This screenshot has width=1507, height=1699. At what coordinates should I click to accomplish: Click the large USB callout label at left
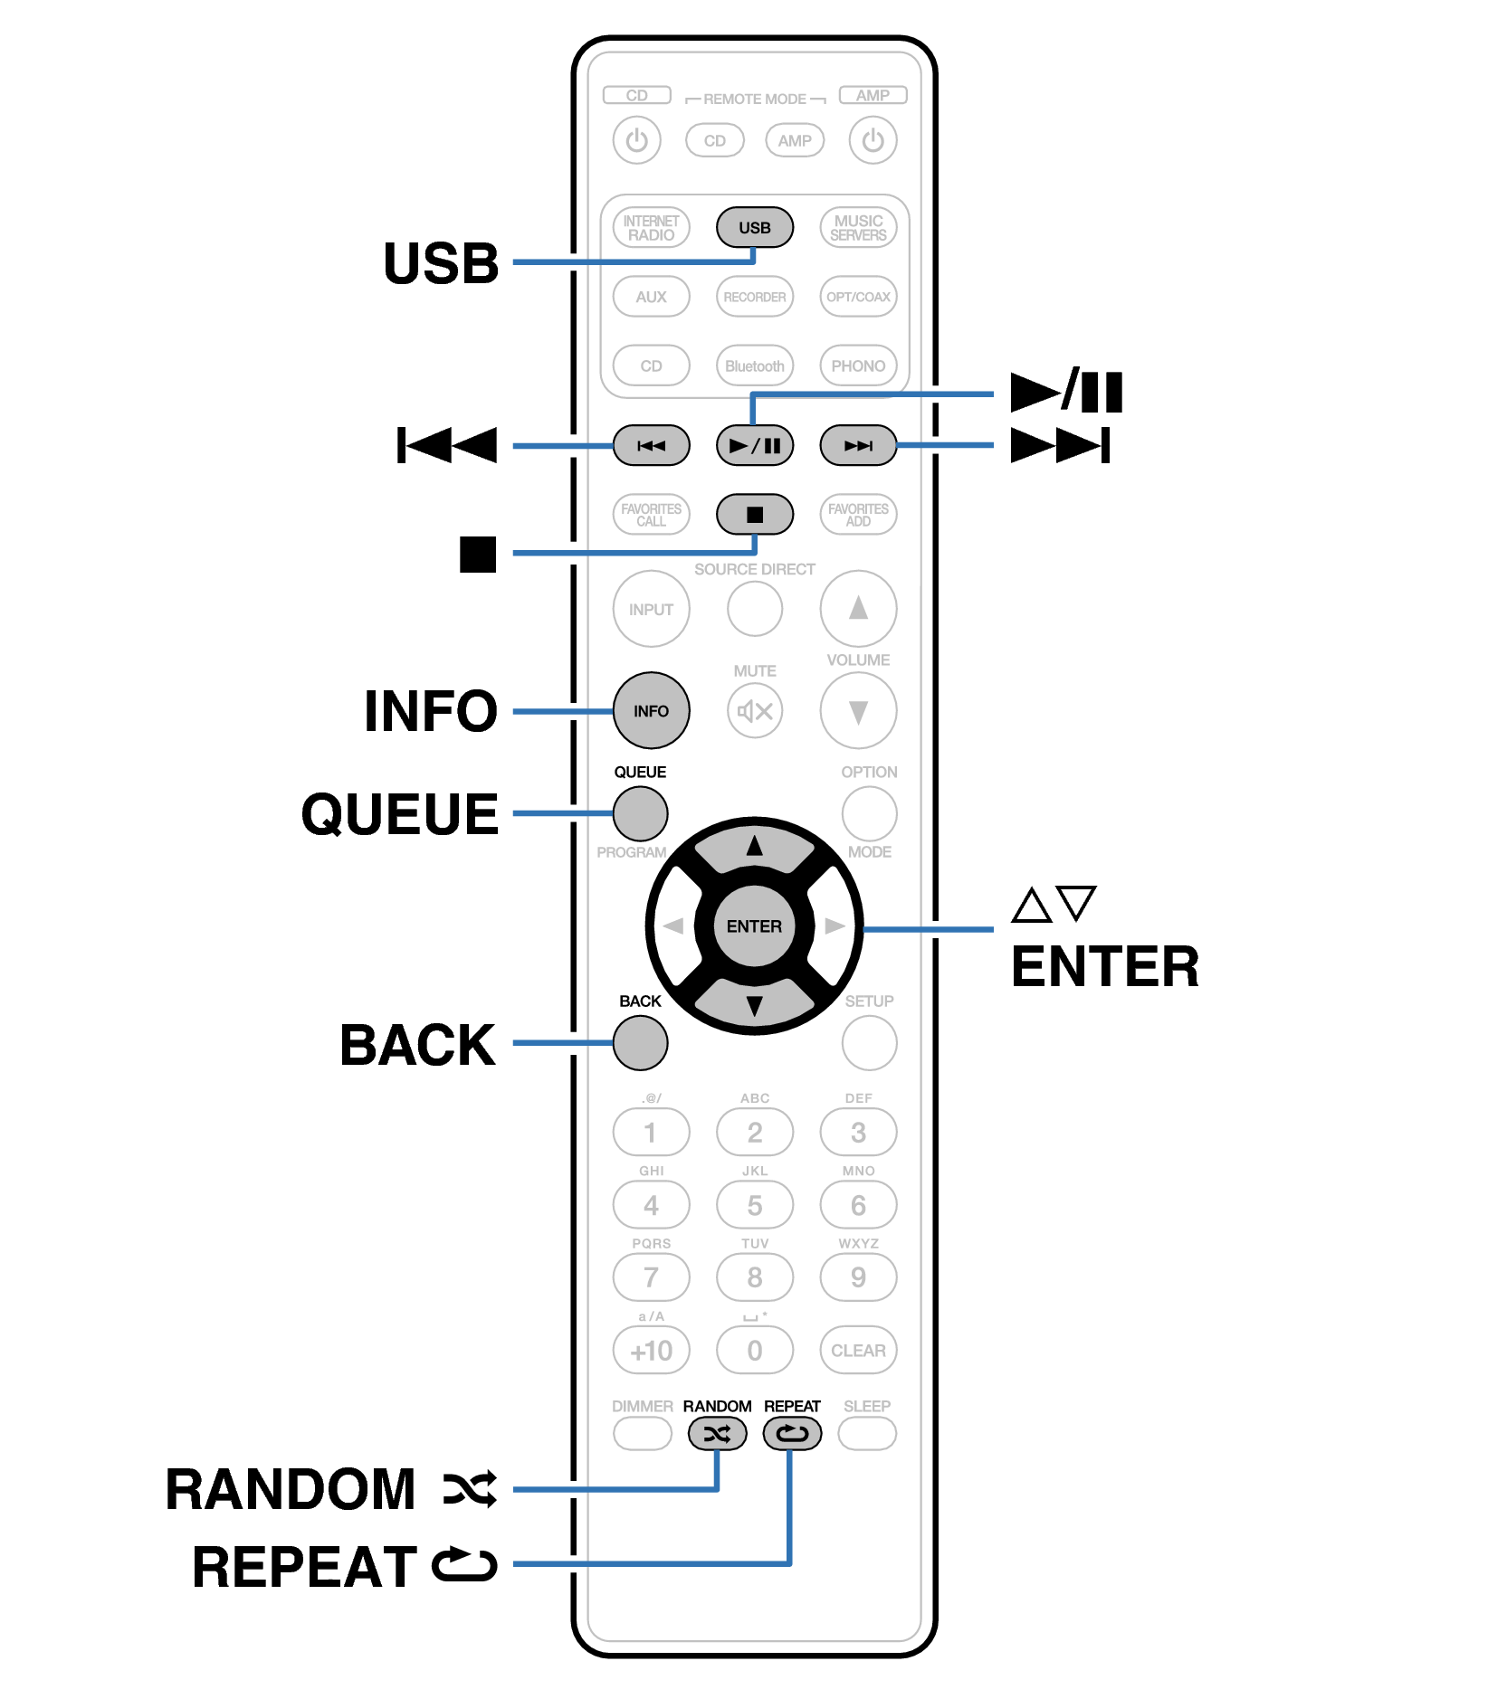click(441, 263)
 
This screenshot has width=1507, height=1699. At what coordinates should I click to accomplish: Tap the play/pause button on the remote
click(754, 445)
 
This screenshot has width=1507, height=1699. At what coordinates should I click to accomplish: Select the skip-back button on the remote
click(651, 445)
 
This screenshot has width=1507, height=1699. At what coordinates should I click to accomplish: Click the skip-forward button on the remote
click(857, 445)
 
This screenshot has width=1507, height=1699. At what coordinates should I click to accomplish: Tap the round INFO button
click(651, 710)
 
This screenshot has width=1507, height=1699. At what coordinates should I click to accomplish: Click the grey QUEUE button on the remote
click(640, 812)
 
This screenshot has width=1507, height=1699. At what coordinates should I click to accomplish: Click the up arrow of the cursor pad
click(754, 848)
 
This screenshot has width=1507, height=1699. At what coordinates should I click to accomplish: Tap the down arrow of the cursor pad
click(754, 1004)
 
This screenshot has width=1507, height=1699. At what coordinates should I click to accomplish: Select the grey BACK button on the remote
click(640, 1042)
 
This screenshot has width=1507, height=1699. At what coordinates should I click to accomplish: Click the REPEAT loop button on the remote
click(792, 1433)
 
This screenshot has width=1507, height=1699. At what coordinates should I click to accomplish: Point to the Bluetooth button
click(754, 365)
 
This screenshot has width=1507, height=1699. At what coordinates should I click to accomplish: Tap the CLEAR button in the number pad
click(857, 1350)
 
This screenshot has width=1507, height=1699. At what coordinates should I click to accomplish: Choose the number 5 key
click(754, 1205)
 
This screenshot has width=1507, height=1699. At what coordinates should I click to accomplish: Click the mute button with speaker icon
click(754, 710)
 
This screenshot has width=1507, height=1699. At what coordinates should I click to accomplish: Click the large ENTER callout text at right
click(1104, 966)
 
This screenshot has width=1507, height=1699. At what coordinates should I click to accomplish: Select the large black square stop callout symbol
click(477, 554)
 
